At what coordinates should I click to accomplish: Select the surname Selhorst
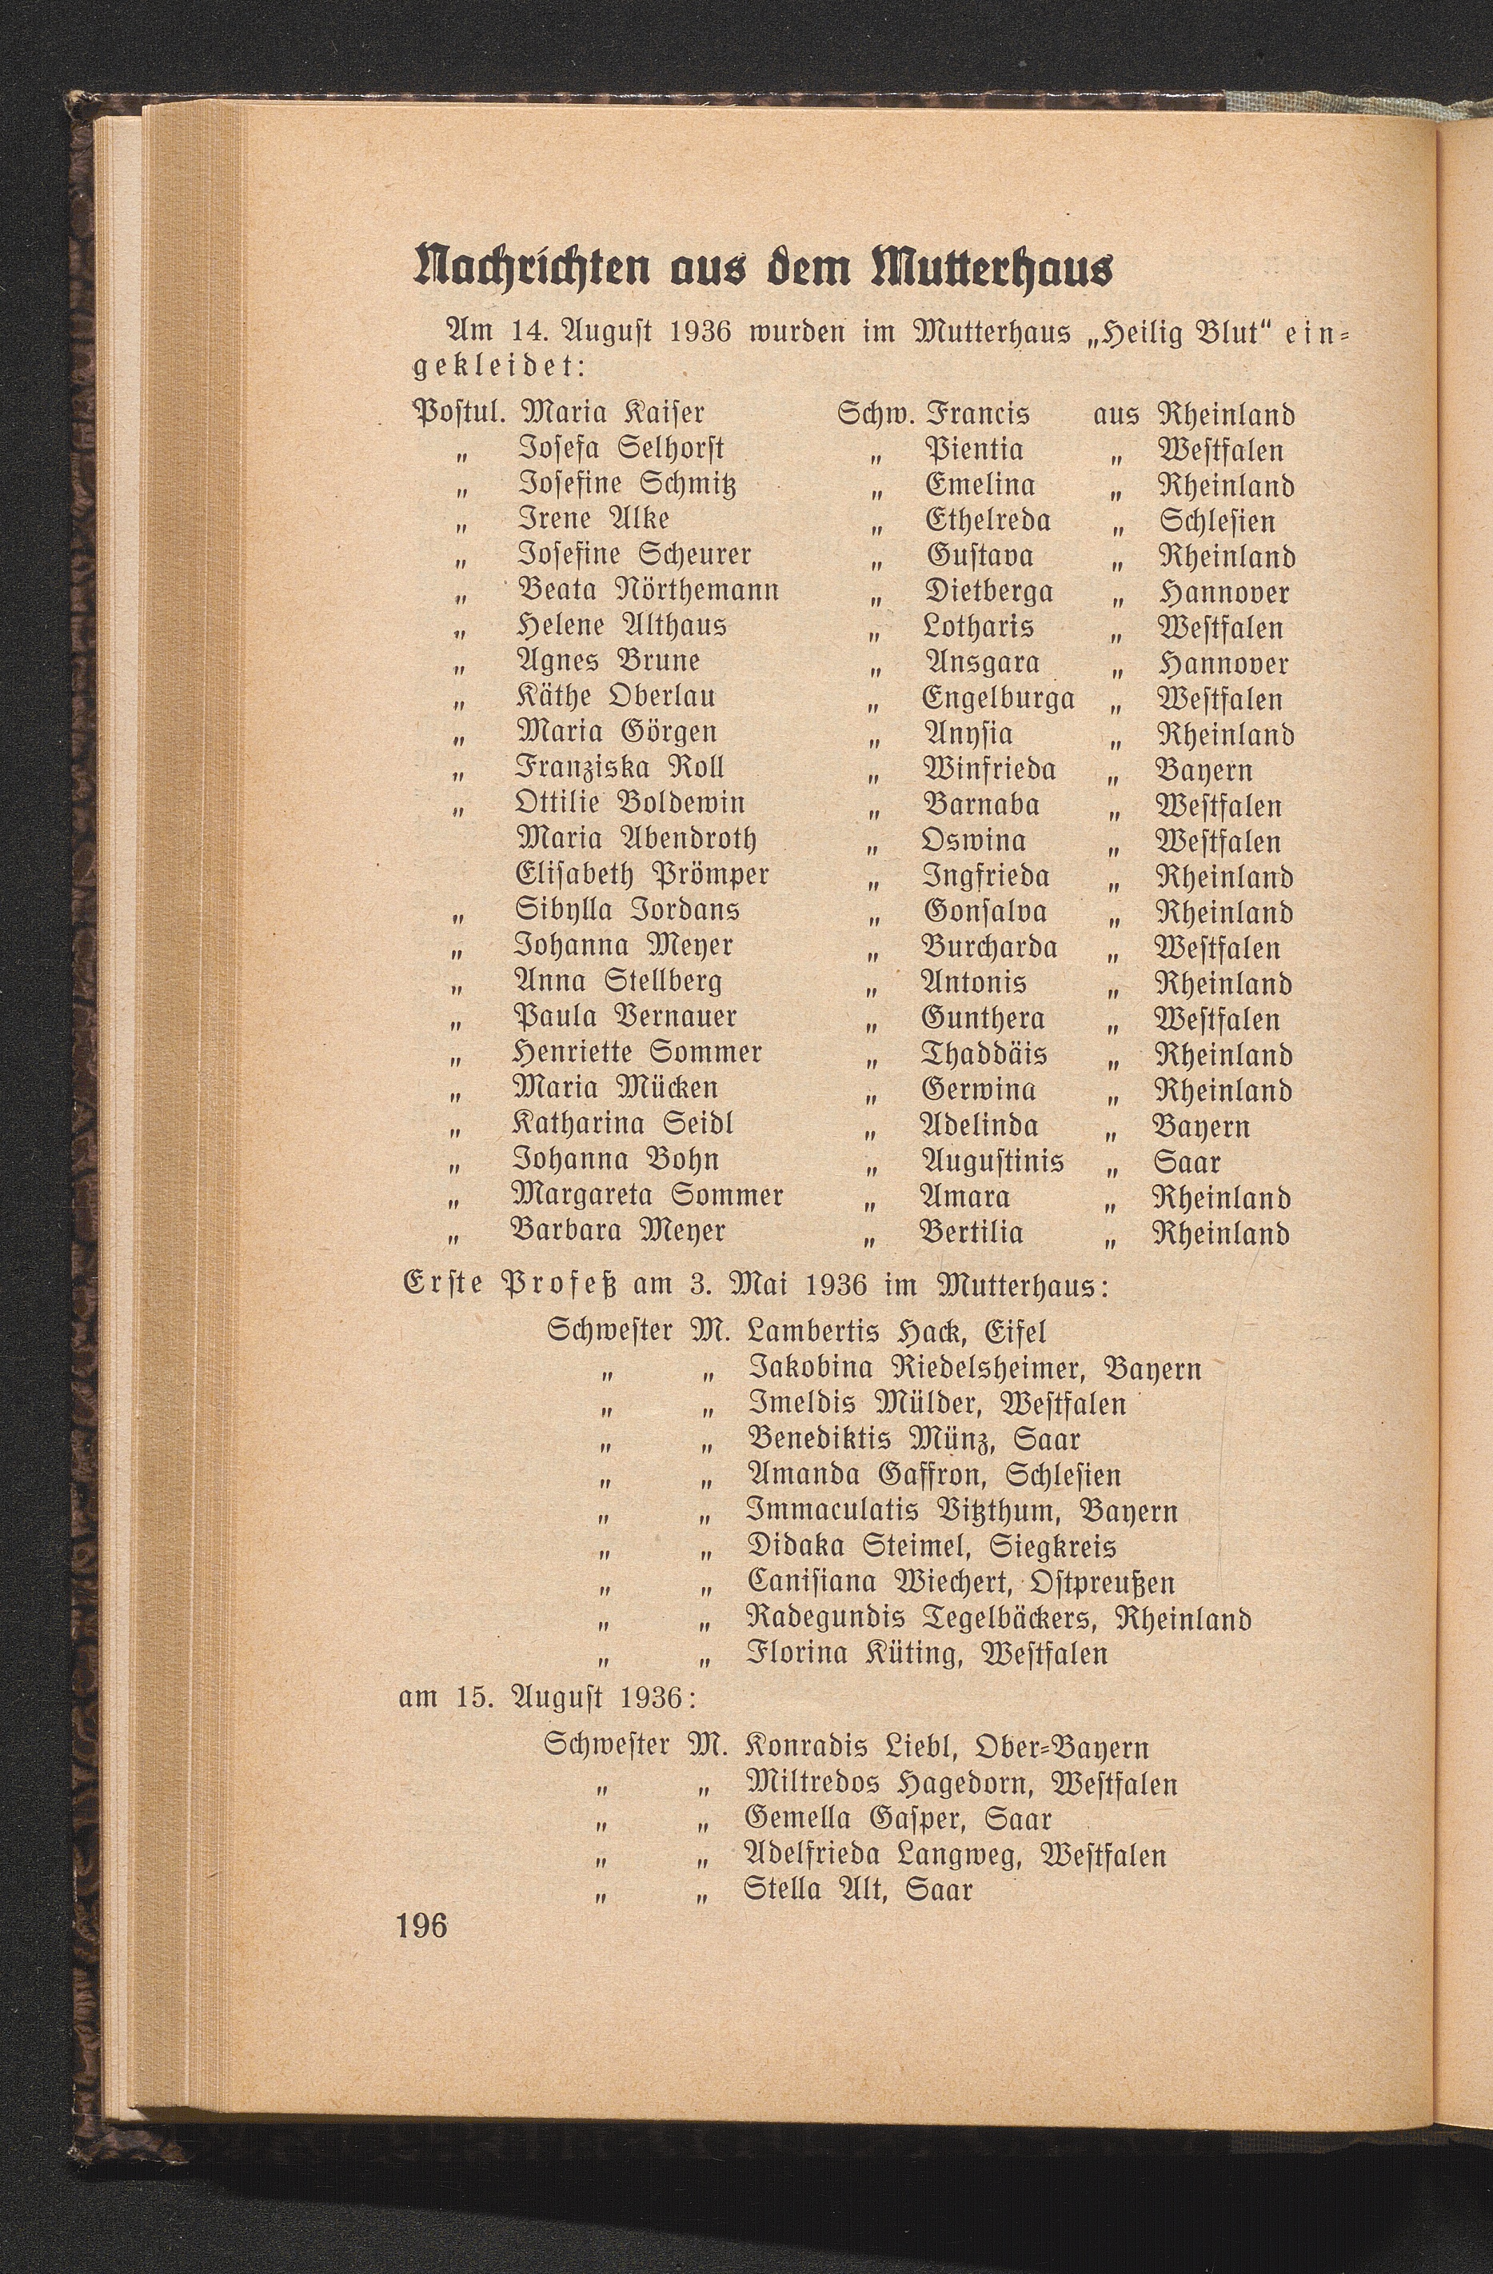tap(673, 448)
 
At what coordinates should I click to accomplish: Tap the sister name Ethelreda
tap(988, 521)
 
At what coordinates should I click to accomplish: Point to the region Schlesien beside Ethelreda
tap(1218, 522)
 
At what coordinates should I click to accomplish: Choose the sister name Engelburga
tap(999, 698)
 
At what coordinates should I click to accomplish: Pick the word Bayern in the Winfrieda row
tap(1203, 770)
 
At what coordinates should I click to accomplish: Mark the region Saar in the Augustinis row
tap(1187, 1162)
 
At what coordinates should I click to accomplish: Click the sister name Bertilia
tap(972, 1233)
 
